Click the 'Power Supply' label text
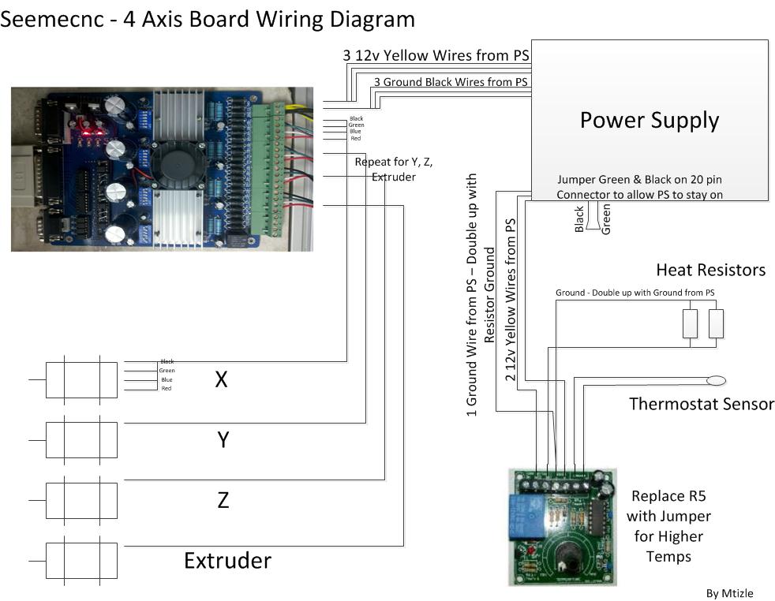[649, 121]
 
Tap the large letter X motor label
[222, 379]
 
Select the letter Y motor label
[223, 439]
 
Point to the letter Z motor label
[223, 499]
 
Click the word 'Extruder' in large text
[227, 560]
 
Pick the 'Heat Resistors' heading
[710, 271]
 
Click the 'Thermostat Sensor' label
[701, 404]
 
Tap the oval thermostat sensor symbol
[716, 381]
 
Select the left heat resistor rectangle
[690, 323]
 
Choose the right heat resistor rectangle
[716, 323]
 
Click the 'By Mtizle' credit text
[730, 593]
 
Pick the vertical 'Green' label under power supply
[606, 219]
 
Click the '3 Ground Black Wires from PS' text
[451, 81]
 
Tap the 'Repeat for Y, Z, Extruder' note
[393, 169]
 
